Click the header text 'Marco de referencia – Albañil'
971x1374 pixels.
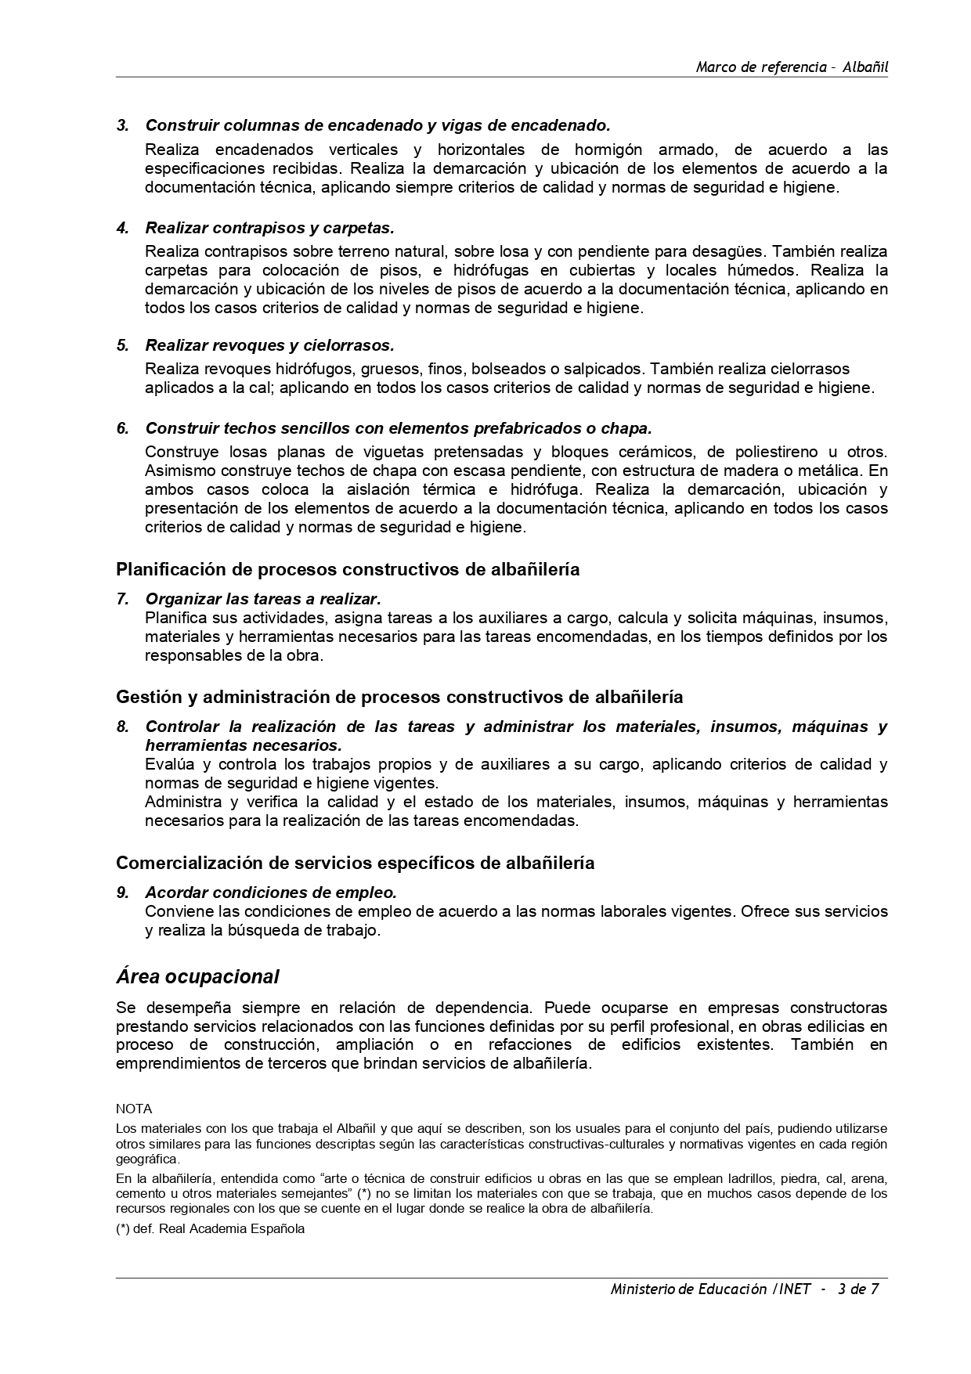click(x=792, y=67)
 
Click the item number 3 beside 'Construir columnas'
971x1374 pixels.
click(x=121, y=125)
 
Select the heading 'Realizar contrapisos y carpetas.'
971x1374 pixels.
click(x=269, y=228)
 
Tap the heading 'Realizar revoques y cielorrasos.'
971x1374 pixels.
click(x=269, y=345)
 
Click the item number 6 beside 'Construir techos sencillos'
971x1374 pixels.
click(x=121, y=428)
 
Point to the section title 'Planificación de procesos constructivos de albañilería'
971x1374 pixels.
click(x=348, y=569)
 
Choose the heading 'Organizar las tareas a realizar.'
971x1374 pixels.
click(x=263, y=599)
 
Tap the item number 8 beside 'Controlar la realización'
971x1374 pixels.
click(x=121, y=727)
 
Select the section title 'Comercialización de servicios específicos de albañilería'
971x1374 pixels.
click(x=355, y=863)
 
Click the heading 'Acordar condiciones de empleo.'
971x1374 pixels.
click(x=271, y=893)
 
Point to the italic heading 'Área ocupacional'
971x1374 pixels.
click(x=197, y=977)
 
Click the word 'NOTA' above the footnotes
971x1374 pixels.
click(x=134, y=1109)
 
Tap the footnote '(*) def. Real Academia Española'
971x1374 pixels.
click(x=210, y=1228)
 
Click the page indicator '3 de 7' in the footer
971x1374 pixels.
click(x=857, y=1289)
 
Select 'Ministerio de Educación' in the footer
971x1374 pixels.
click(x=688, y=1289)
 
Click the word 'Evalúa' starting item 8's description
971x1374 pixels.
click(x=168, y=764)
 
